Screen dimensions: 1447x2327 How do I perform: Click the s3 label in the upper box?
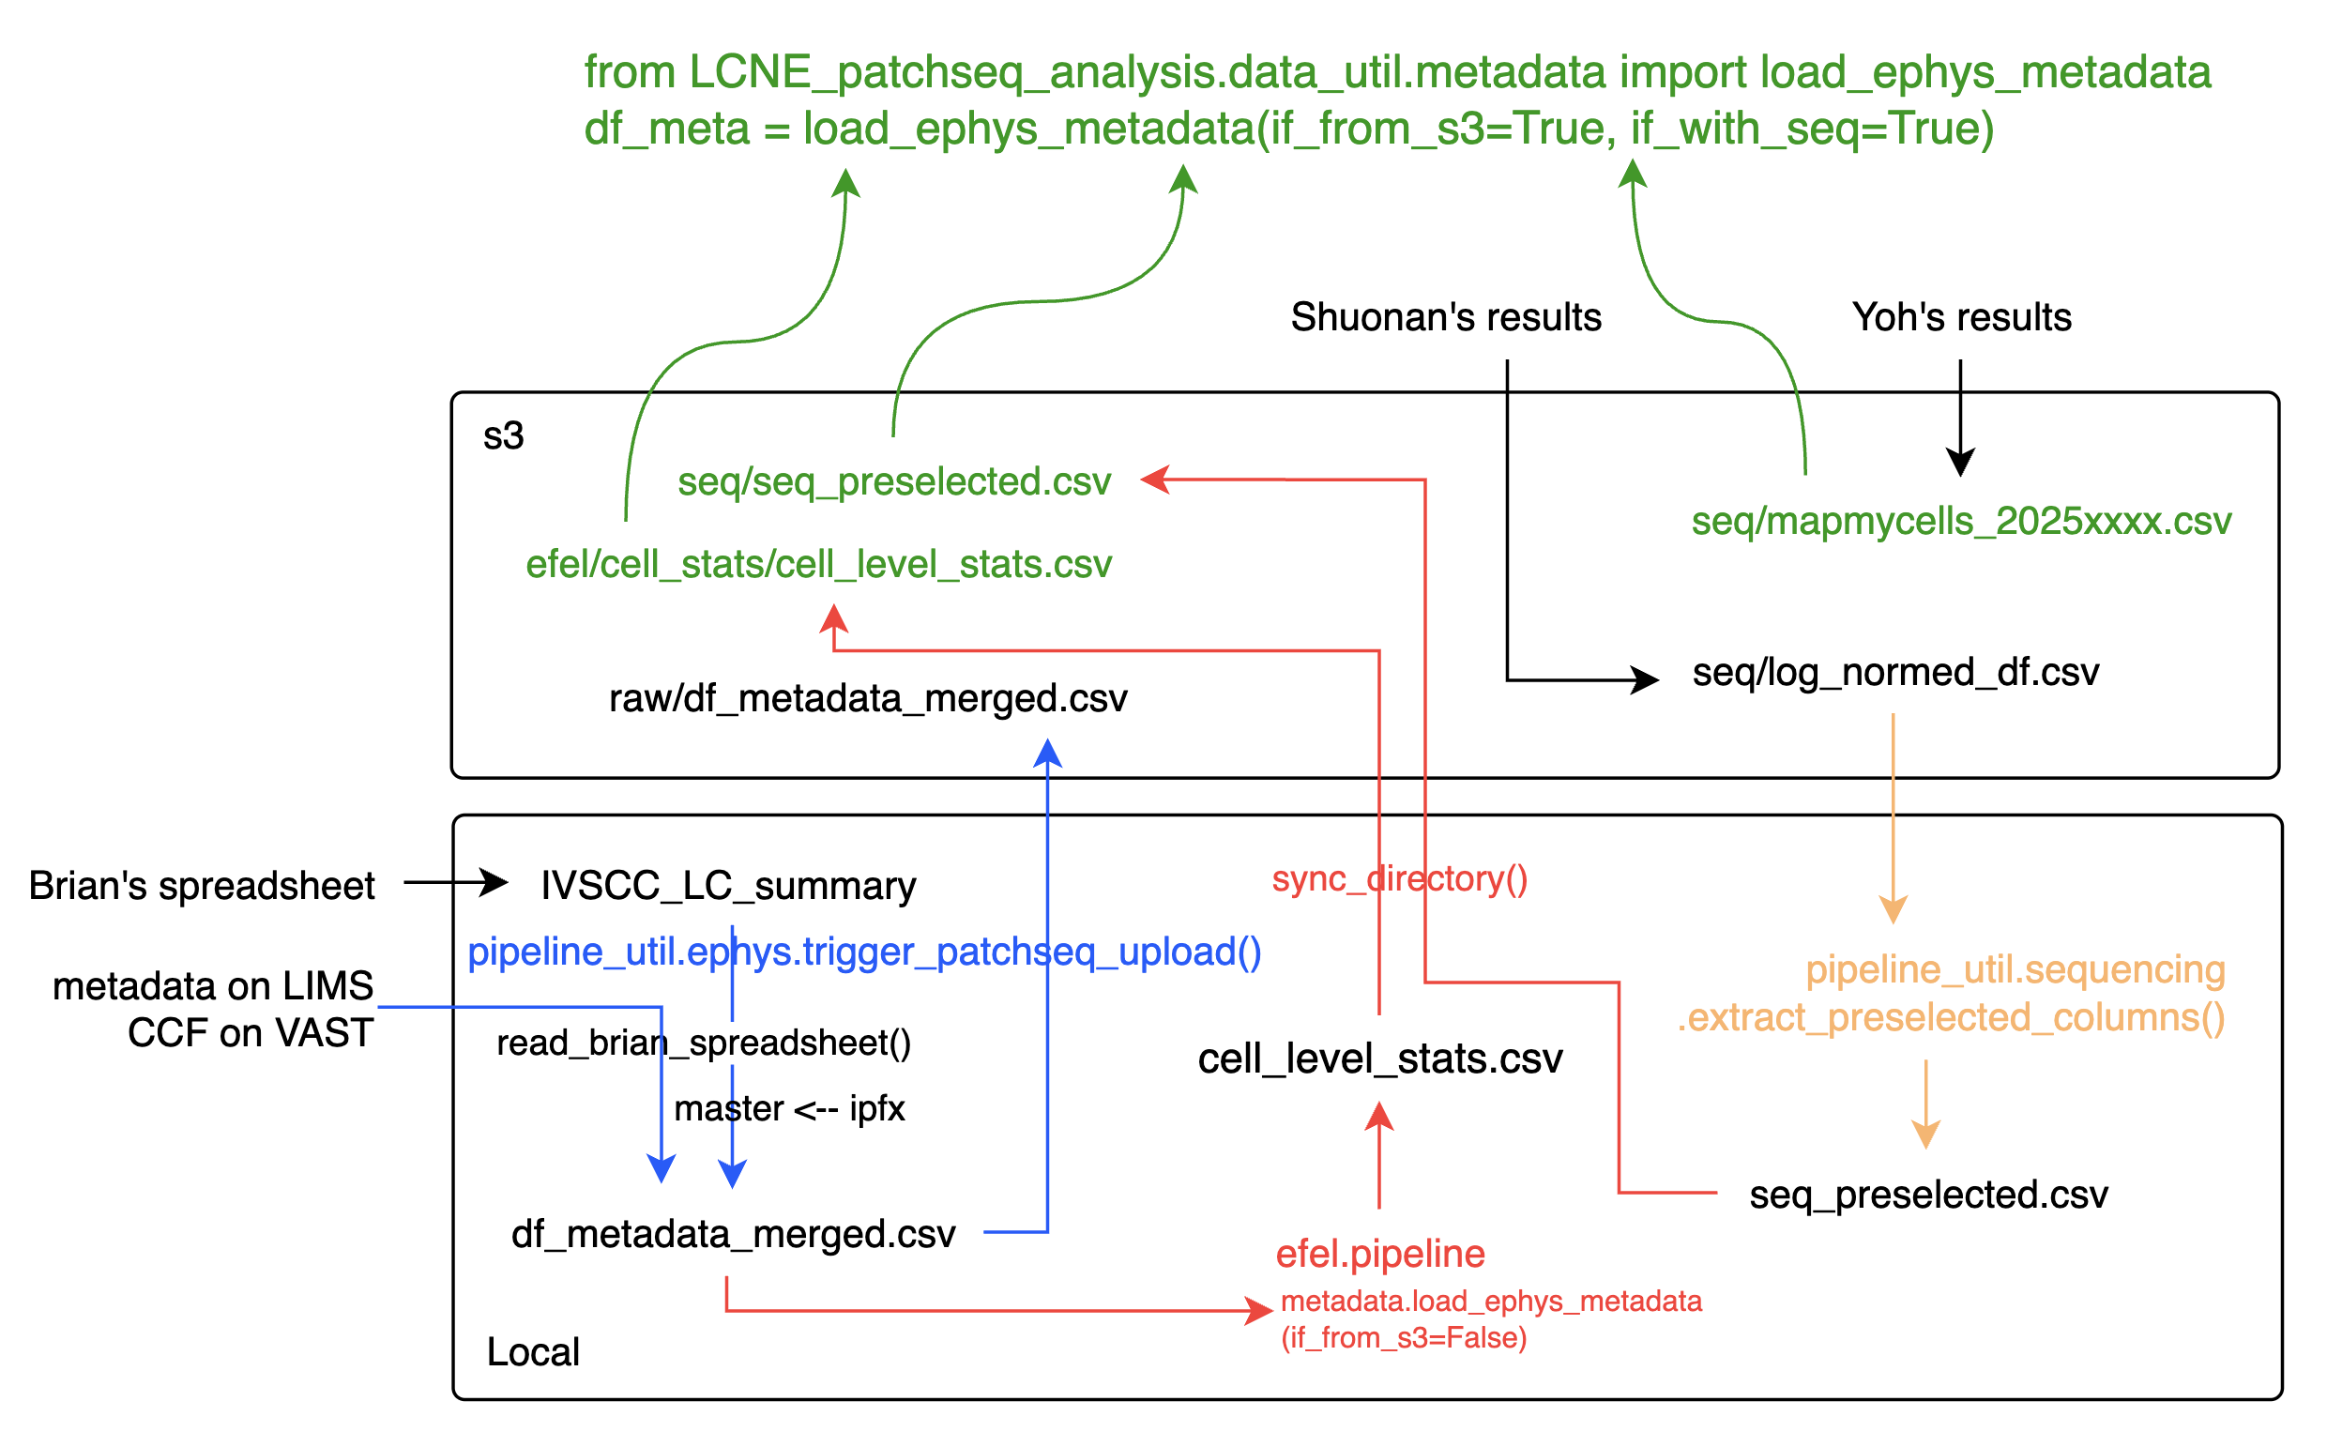tap(503, 436)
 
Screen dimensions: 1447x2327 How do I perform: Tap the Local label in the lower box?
tap(533, 1352)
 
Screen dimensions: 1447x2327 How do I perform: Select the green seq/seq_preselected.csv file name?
tap(893, 481)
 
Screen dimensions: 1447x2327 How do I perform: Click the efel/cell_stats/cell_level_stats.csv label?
tap(818, 565)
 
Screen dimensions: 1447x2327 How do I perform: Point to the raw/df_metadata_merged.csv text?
tap(868, 698)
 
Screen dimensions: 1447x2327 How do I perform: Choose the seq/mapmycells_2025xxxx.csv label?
tap(1960, 522)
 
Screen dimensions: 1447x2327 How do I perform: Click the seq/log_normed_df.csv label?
tap(1895, 673)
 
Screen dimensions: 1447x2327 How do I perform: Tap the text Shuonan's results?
tap(1446, 317)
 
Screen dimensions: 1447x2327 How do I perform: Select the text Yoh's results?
tap(1961, 317)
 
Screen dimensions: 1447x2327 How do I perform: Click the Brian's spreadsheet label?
tap(202, 885)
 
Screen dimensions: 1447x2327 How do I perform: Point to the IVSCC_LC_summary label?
tap(728, 885)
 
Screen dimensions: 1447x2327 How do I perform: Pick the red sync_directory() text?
tap(1399, 878)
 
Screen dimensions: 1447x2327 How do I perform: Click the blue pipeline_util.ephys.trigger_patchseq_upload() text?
tap(864, 952)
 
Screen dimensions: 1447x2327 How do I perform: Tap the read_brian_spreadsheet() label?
tap(704, 1043)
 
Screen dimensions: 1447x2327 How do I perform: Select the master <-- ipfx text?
tap(789, 1108)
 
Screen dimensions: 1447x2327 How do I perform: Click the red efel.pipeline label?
tap(1379, 1254)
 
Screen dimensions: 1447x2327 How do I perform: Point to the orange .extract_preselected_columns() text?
tap(1950, 1017)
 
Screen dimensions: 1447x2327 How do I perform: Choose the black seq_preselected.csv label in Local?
tap(1928, 1195)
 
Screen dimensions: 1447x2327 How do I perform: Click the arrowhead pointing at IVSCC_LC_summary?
tap(495, 881)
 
